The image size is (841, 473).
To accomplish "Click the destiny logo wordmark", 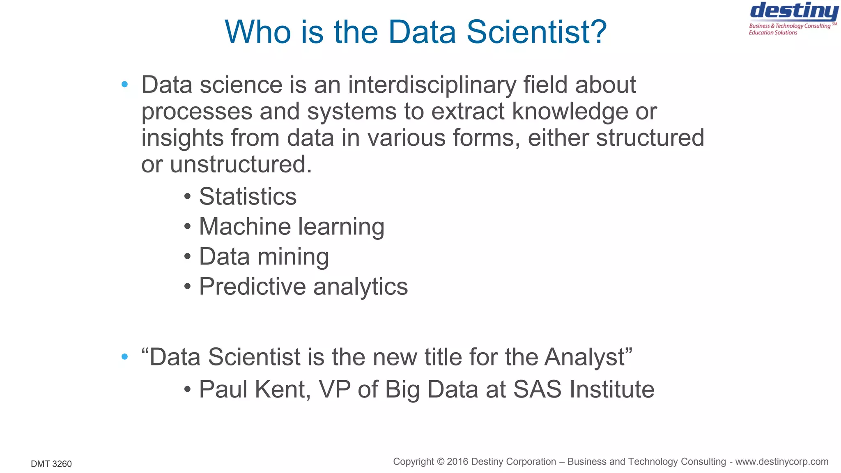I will click(x=794, y=11).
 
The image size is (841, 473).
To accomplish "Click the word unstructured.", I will click(x=241, y=164).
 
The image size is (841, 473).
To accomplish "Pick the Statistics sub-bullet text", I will click(x=248, y=196).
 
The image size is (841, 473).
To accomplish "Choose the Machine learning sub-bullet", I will click(x=292, y=226).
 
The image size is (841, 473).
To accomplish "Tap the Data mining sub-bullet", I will click(x=264, y=257).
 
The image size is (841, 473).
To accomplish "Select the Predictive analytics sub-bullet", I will click(x=303, y=287).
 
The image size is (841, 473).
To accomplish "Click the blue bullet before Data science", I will click(x=125, y=85).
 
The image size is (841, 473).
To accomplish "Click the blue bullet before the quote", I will click(x=125, y=357).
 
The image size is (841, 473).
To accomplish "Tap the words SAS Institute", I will click(x=584, y=389).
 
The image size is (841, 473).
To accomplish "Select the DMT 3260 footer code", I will click(x=51, y=464).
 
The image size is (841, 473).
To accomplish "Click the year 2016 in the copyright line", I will click(x=457, y=462).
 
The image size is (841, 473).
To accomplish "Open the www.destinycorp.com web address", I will click(x=781, y=462).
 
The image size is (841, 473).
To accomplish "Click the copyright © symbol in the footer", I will click(x=441, y=462).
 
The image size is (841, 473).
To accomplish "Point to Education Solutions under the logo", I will click(x=773, y=33).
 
